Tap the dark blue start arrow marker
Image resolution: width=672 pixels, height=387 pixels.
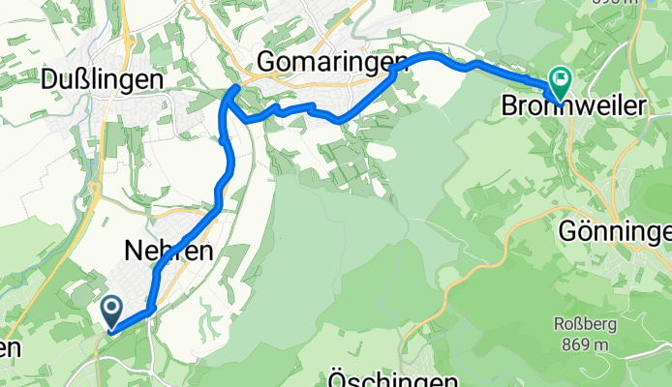(x=111, y=312)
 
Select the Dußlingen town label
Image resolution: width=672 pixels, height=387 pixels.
(x=101, y=82)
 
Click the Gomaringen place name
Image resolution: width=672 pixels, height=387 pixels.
(x=331, y=62)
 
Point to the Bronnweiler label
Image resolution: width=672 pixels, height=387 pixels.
(x=571, y=108)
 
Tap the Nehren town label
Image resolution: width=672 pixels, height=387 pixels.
(x=169, y=251)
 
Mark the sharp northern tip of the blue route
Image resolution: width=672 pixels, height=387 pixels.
(x=236, y=88)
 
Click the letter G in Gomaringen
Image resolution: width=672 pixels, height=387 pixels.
(x=266, y=62)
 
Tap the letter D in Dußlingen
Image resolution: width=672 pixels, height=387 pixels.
(x=50, y=82)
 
